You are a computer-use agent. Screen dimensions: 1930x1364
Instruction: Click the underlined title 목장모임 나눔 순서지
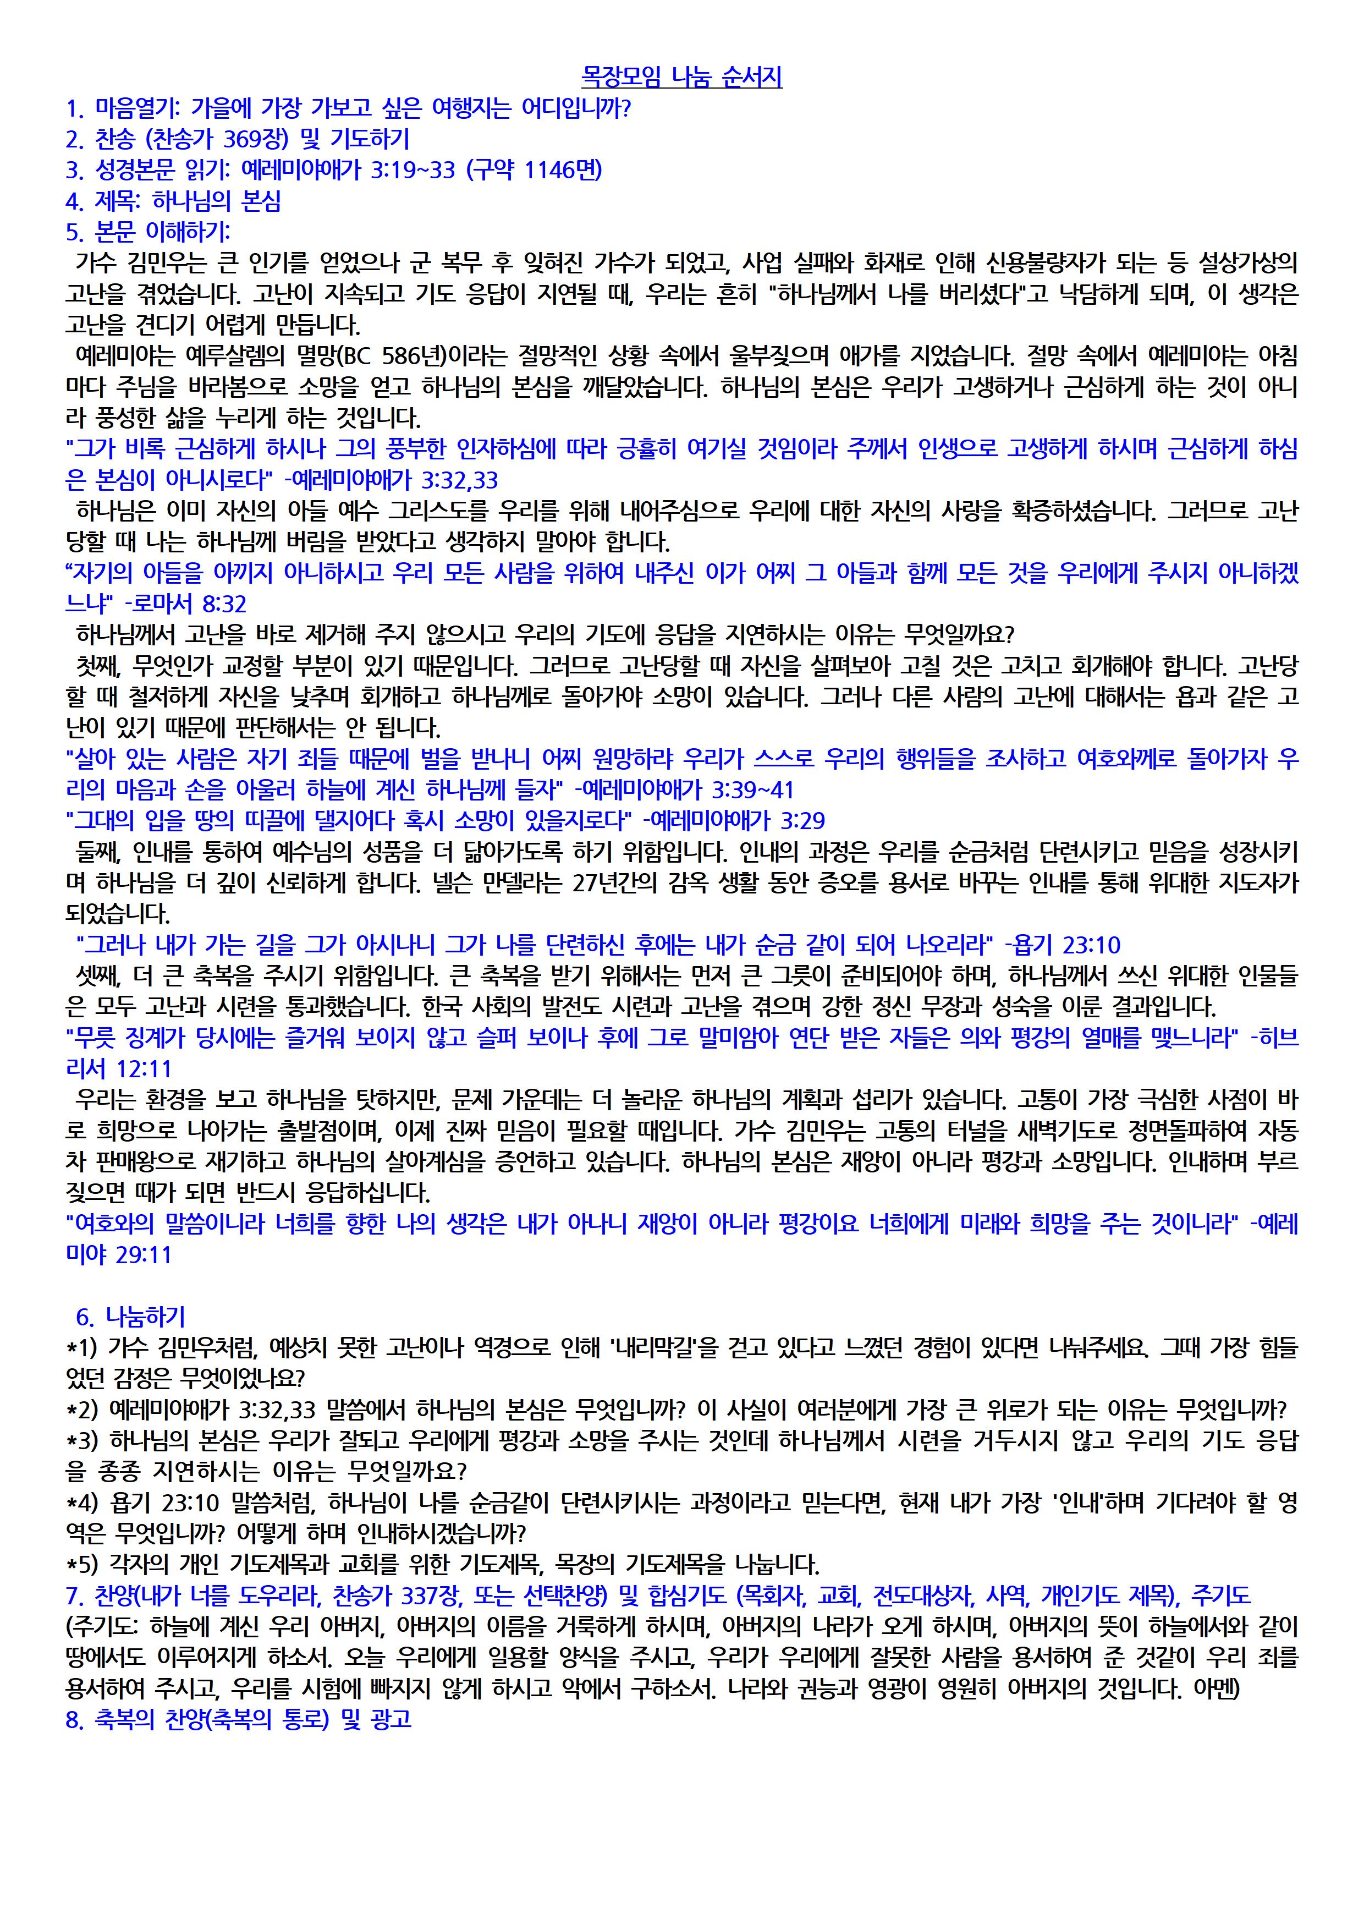pyautogui.click(x=681, y=78)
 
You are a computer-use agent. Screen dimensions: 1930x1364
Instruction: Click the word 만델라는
pyautogui.click(x=515, y=882)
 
